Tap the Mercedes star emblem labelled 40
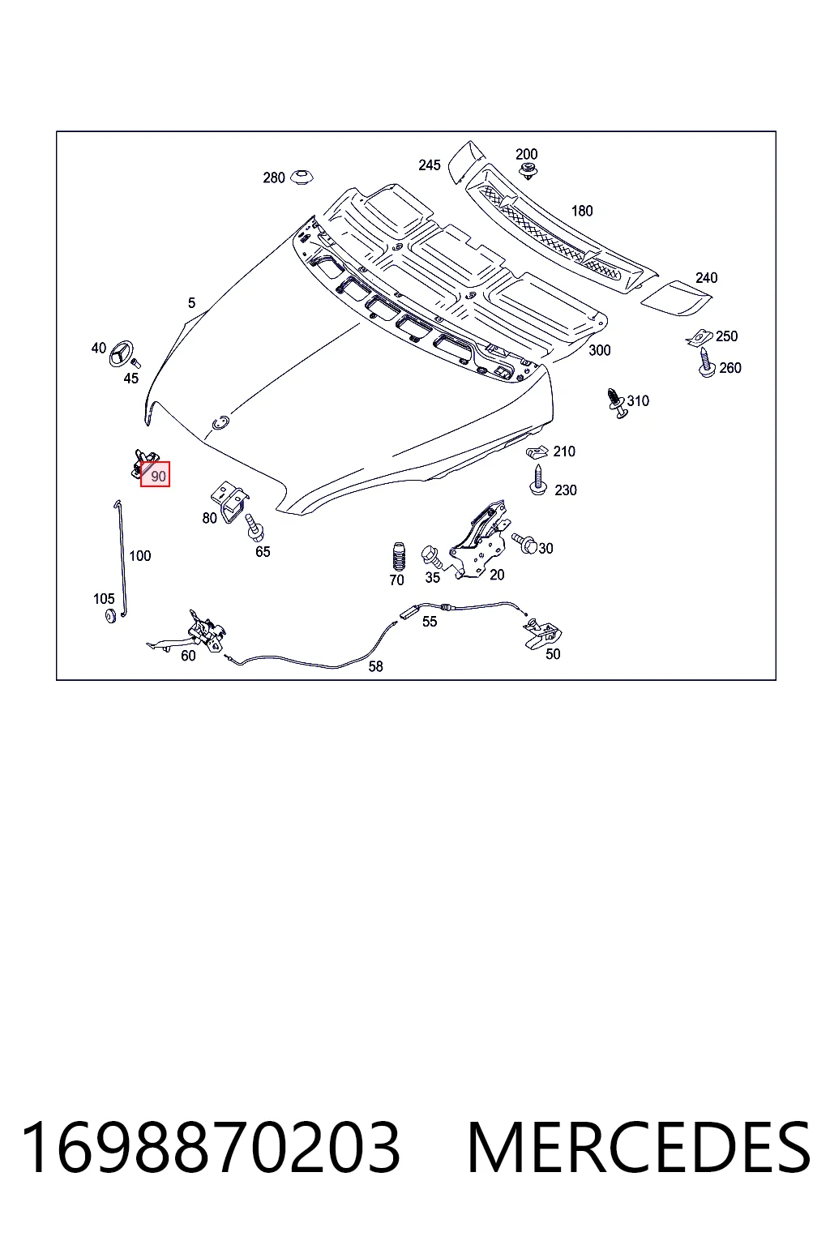coord(122,353)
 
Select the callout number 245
coord(429,165)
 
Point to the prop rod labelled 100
coord(120,558)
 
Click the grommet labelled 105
coord(110,615)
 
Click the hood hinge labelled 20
coord(479,538)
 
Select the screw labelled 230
coord(538,480)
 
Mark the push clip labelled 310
coord(617,402)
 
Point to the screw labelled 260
coord(705,363)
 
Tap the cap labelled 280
coord(302,178)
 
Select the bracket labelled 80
coord(229,501)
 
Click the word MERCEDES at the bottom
coord(639,1147)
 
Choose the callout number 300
coord(599,350)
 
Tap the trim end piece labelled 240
coord(676,298)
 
